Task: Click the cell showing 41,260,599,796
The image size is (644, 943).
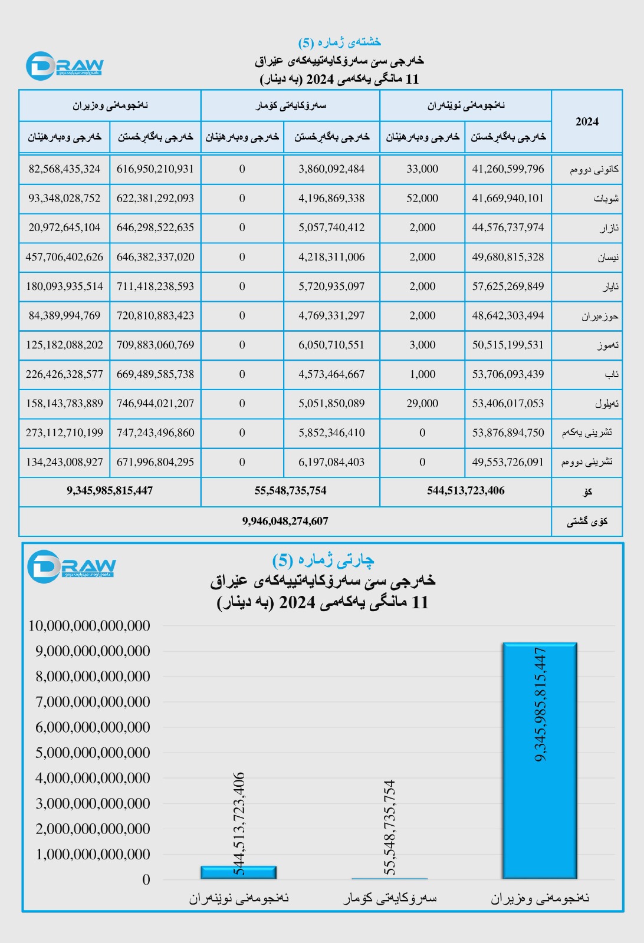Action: [x=508, y=169]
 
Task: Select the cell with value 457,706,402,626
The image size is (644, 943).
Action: [x=64, y=257]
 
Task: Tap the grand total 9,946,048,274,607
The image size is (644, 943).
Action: [x=285, y=521]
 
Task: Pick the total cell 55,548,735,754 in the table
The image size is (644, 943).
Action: [x=290, y=490]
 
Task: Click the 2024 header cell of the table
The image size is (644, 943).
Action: [x=587, y=121]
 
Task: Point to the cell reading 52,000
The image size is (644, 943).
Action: [x=422, y=199]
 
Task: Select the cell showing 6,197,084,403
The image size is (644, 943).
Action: [x=331, y=462]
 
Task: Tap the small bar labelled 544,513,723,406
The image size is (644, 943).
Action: [x=238, y=873]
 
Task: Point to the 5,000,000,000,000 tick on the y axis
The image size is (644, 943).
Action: [x=93, y=753]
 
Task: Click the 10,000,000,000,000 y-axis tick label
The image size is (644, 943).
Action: [x=89, y=626]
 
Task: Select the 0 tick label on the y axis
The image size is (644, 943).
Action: [x=146, y=880]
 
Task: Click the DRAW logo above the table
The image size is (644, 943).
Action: [x=65, y=65]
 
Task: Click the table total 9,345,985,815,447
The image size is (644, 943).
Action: [x=110, y=490]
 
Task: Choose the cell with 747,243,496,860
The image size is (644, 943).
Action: [x=155, y=433]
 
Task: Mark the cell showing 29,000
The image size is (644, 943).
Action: [x=422, y=404]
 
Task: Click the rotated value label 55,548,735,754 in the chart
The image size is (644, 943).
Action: [x=389, y=827]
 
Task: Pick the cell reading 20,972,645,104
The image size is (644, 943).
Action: [x=64, y=227]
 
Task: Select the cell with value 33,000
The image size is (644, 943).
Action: [x=422, y=169]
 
